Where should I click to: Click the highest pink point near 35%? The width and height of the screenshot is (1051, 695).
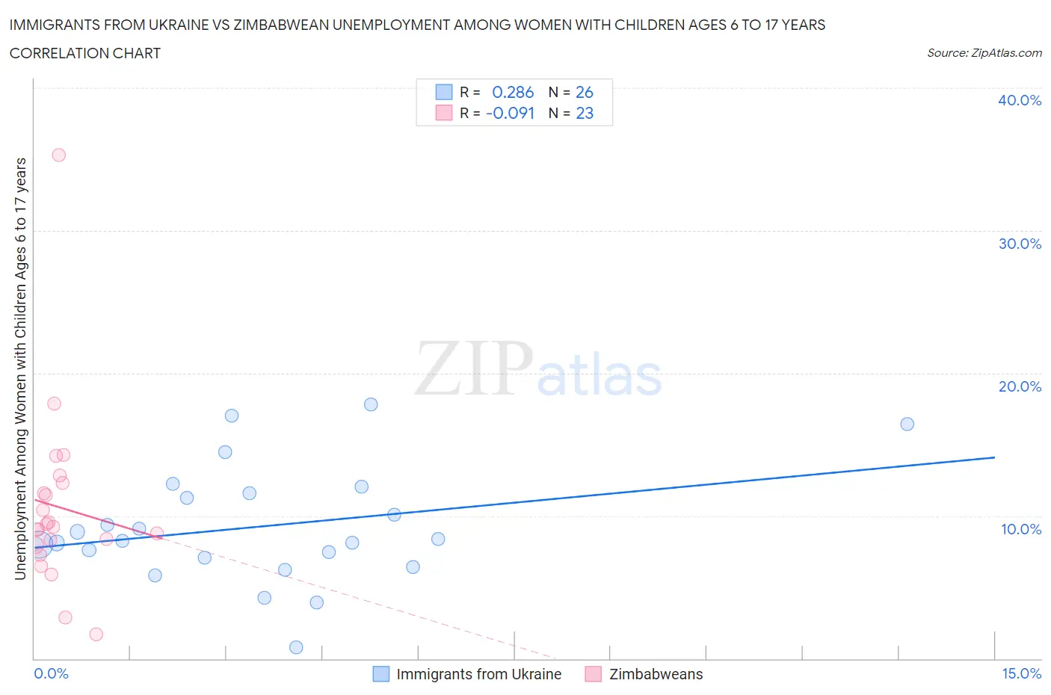pyautogui.click(x=58, y=155)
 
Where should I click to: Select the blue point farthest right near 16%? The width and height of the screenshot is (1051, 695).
pyautogui.click(x=907, y=424)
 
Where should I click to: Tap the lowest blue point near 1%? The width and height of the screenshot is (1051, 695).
pyautogui.click(x=296, y=647)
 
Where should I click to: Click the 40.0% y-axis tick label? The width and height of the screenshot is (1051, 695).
pyautogui.click(x=1019, y=100)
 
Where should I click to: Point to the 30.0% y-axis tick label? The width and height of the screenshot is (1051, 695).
pyautogui.click(x=1019, y=244)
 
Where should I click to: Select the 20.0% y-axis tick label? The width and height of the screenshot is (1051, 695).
pyautogui.click(x=1019, y=386)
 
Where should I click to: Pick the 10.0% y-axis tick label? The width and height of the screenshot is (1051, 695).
pyautogui.click(x=1020, y=529)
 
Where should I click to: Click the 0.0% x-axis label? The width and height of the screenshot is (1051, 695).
pyautogui.click(x=51, y=673)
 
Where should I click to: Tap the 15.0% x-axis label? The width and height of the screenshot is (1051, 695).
pyautogui.click(x=1020, y=673)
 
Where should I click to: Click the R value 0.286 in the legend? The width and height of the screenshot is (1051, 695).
pyautogui.click(x=513, y=92)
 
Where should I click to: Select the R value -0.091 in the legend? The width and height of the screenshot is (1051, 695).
pyautogui.click(x=510, y=113)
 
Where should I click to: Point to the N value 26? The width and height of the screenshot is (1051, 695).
pyautogui.click(x=584, y=92)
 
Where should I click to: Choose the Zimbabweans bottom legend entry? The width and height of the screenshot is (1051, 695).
pyautogui.click(x=656, y=674)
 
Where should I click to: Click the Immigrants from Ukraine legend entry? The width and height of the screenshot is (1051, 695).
pyautogui.click(x=478, y=674)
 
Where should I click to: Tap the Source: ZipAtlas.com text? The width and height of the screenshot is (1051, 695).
pyautogui.click(x=984, y=52)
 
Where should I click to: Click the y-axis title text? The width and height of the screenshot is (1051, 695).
pyautogui.click(x=20, y=368)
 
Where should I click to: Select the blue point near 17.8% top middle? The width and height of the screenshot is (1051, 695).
pyautogui.click(x=371, y=404)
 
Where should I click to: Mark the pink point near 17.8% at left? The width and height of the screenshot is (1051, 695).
pyautogui.click(x=54, y=404)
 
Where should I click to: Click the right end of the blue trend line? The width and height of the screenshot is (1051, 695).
pyautogui.click(x=994, y=457)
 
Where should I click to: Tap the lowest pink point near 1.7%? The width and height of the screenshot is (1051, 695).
pyautogui.click(x=96, y=634)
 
